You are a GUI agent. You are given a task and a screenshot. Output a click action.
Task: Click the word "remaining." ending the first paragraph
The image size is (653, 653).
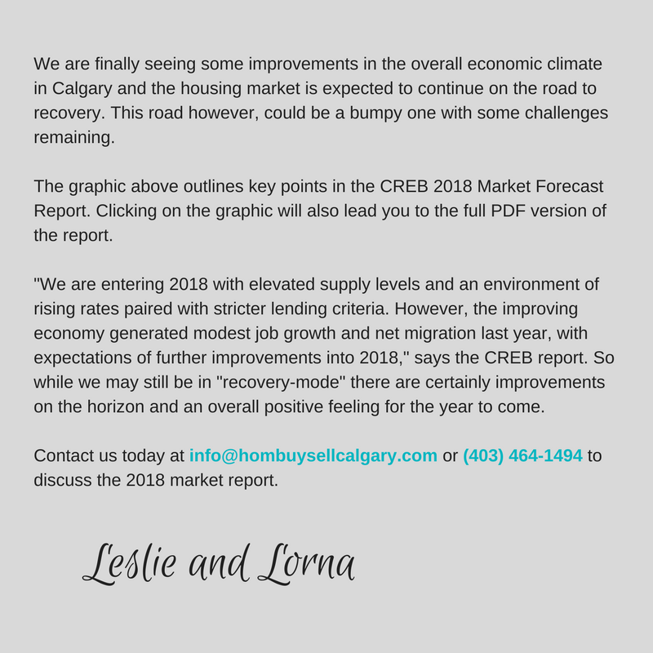point(74,137)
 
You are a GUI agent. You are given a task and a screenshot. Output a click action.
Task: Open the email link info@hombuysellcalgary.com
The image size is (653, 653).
point(313,455)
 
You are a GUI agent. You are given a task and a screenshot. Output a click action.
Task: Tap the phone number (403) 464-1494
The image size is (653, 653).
point(522,455)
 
